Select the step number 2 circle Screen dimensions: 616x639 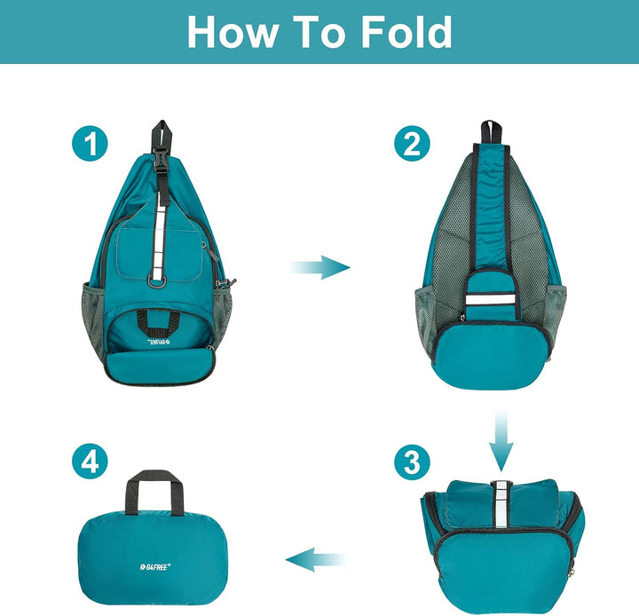(x=411, y=143)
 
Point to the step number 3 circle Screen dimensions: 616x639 (x=411, y=462)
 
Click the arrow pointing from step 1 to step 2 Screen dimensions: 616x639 (x=320, y=266)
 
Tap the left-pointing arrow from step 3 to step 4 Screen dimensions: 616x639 (x=315, y=558)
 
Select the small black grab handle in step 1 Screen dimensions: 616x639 (x=161, y=317)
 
